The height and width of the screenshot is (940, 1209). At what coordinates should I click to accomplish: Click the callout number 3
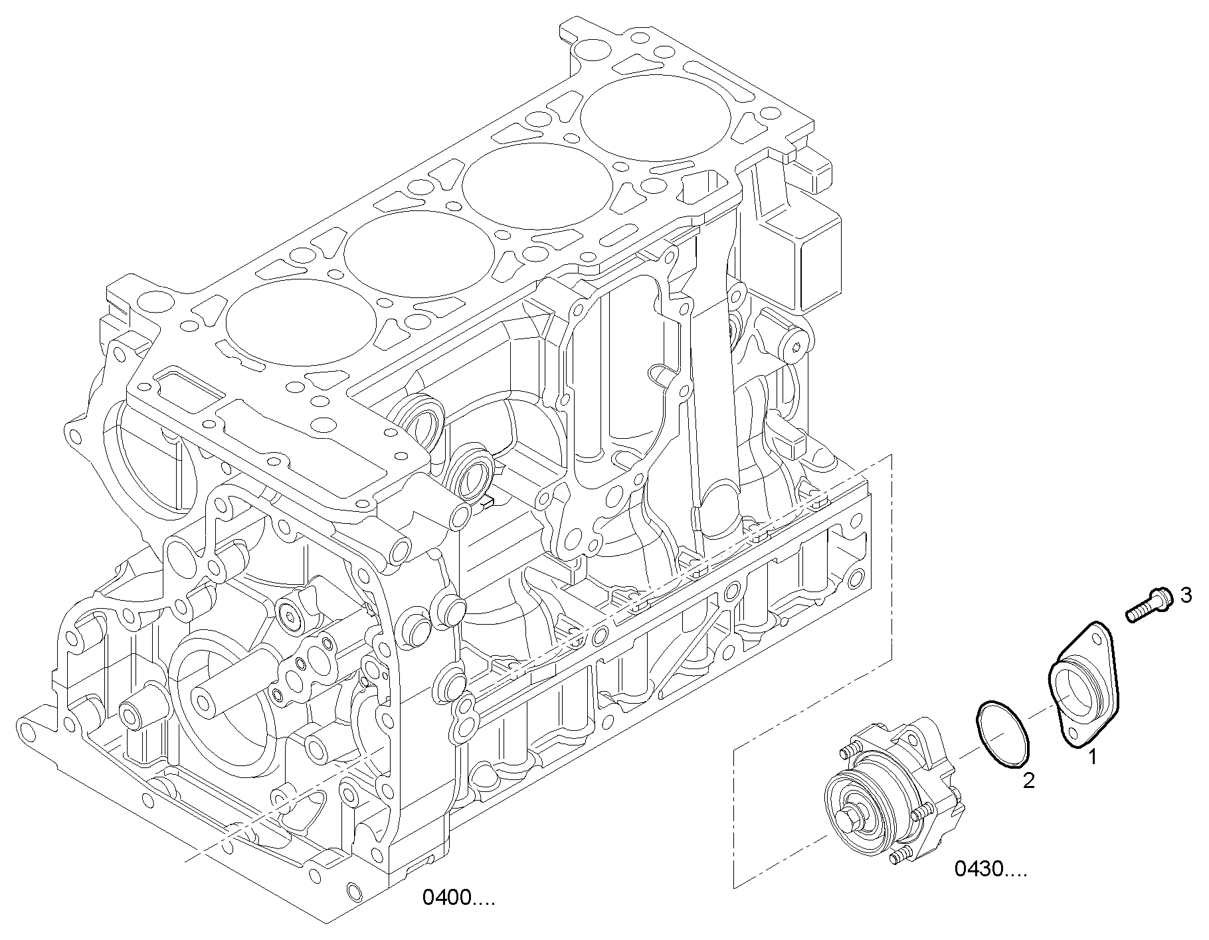pos(1186,595)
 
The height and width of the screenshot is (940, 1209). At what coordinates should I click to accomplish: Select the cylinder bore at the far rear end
pos(656,117)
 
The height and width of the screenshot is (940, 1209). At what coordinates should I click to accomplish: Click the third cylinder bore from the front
pos(537,185)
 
